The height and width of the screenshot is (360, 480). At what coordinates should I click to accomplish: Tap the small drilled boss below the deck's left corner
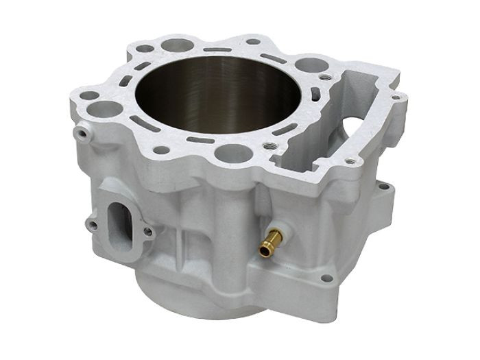click(x=82, y=130)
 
